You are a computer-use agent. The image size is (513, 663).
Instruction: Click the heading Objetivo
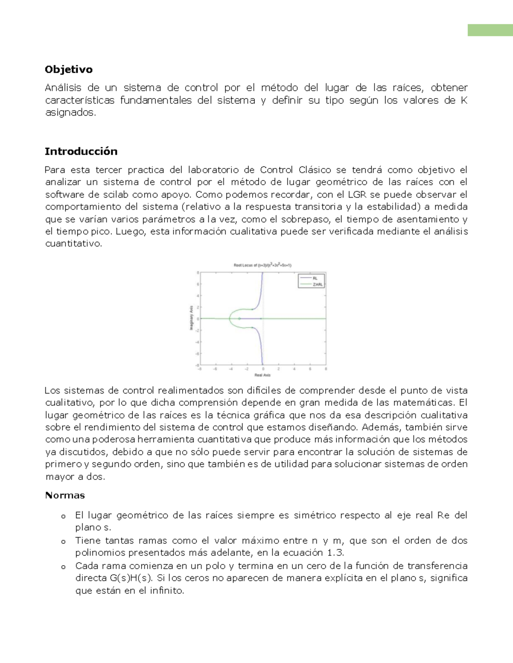(68, 70)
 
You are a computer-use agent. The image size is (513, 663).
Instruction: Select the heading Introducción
(81, 152)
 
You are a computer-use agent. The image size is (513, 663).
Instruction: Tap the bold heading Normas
(65, 495)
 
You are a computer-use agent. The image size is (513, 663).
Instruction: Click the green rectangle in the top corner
(490, 30)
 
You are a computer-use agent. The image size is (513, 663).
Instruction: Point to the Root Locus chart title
(262, 265)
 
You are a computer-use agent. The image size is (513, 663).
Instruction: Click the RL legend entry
(315, 278)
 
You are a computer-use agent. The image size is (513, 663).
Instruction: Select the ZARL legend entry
(318, 284)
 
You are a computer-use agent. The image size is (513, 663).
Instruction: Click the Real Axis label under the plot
(262, 375)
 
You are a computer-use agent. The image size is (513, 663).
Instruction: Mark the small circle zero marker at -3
(239, 318)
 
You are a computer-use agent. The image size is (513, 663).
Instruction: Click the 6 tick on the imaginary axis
(198, 284)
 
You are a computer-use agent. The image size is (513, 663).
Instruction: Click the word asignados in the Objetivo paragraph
(70, 113)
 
